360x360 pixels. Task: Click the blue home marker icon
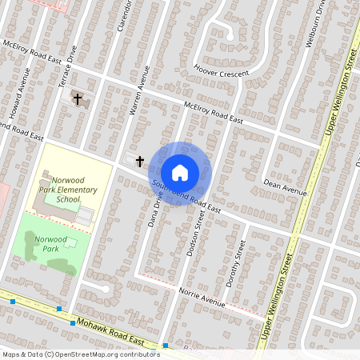[180, 173]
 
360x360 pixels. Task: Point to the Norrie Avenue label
[203, 298]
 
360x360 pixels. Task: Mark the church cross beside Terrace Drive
[78, 99]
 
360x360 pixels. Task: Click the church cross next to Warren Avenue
[139, 162]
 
